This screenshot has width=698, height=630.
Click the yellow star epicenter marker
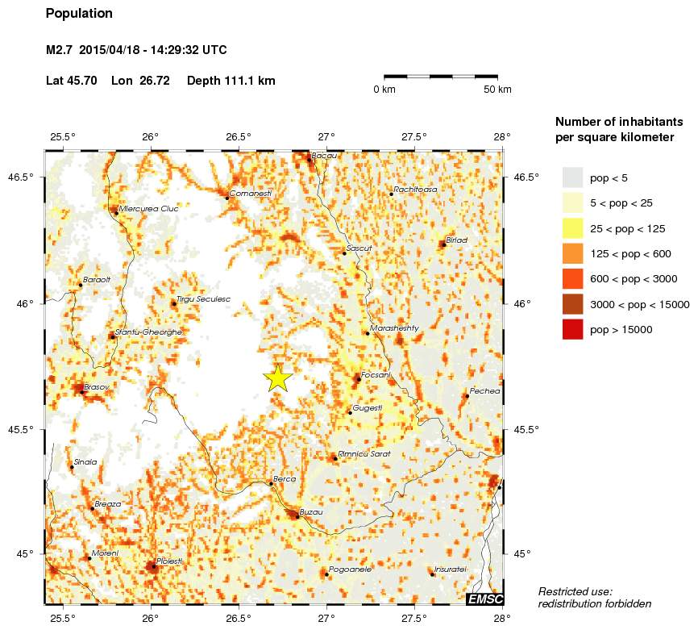[x=277, y=378]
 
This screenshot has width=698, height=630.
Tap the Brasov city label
[x=96, y=387]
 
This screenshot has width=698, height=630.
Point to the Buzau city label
[x=311, y=512]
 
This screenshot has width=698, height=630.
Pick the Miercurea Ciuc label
[x=148, y=208]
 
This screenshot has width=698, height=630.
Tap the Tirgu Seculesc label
[x=203, y=298]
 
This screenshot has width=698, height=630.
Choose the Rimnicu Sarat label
[x=364, y=454]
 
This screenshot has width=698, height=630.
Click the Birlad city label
[x=457, y=240]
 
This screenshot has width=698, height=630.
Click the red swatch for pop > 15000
[x=572, y=329]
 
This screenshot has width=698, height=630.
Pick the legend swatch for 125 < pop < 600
[x=572, y=253]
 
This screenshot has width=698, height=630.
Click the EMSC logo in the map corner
[x=485, y=598]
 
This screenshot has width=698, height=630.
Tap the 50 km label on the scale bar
[x=497, y=90]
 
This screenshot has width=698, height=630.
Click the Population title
[x=80, y=14]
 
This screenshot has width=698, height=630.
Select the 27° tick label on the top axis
[x=326, y=136]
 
